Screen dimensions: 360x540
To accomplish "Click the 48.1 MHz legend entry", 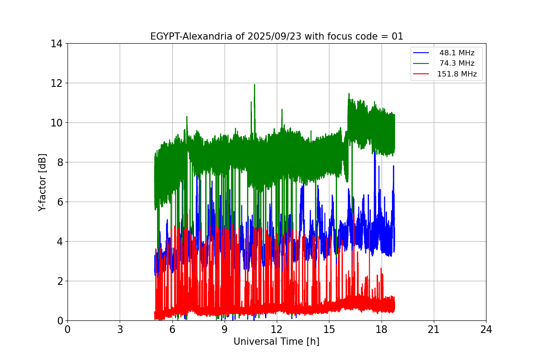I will point(457,53).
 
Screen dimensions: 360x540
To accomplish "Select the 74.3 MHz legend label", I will point(457,63).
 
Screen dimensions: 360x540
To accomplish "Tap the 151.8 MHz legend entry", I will point(457,74).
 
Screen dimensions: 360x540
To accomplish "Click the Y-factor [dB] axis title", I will point(42,182).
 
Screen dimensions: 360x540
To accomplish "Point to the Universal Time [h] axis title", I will point(276,342).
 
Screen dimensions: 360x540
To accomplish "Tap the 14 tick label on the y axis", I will point(56,44).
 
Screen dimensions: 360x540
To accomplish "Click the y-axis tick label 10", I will point(56,123).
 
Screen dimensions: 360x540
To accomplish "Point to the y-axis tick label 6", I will point(59,202).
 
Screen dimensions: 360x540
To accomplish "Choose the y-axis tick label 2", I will point(59,281).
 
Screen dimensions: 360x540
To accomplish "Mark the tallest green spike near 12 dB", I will point(254,85).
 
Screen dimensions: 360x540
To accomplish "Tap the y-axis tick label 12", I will point(56,83).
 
